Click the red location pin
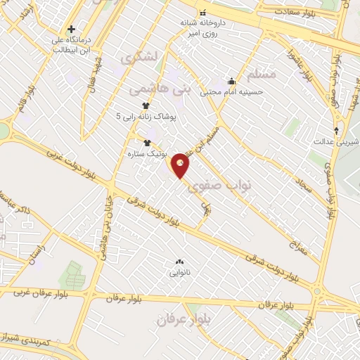tap(181, 165)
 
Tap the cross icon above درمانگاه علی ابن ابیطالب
tap(71, 30)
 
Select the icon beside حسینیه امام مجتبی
tap(231, 80)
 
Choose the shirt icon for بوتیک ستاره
tap(147, 143)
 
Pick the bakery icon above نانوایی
tap(179, 262)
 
